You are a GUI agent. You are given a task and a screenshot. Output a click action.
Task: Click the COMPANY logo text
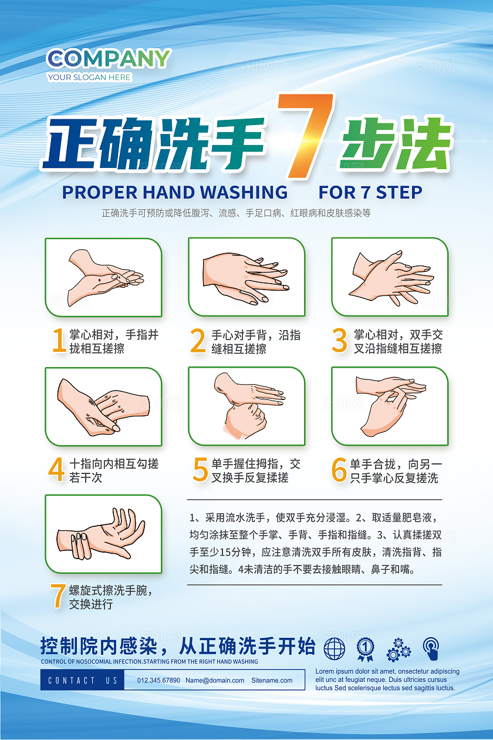[x=109, y=59]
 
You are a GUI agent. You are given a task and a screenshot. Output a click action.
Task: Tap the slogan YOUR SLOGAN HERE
[x=89, y=77]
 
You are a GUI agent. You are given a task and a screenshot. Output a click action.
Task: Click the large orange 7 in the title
[x=305, y=136]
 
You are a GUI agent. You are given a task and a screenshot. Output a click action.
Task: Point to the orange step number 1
[x=59, y=340]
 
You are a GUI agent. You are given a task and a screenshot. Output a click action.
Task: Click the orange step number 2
[x=198, y=341]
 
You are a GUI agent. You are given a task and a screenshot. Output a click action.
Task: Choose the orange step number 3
[x=339, y=341]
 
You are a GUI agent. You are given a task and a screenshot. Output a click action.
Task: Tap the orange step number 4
[x=56, y=469]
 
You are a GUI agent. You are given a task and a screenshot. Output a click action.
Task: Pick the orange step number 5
[x=200, y=469]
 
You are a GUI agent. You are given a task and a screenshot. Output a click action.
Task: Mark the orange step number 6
[x=339, y=469]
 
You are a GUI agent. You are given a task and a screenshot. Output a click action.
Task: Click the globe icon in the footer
[x=334, y=648]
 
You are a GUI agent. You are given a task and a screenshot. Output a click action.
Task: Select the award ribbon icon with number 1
[x=365, y=649]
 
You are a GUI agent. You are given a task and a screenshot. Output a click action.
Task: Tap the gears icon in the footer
[x=399, y=650]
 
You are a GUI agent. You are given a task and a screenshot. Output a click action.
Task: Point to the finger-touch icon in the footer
[x=431, y=648]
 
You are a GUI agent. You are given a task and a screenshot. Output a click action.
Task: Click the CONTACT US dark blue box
[x=83, y=680]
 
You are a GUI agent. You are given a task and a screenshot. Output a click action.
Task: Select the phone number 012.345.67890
[x=158, y=680]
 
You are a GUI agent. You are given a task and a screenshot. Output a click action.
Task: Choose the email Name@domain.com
[x=215, y=680]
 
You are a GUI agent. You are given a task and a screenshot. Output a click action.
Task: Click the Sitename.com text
[x=272, y=680]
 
